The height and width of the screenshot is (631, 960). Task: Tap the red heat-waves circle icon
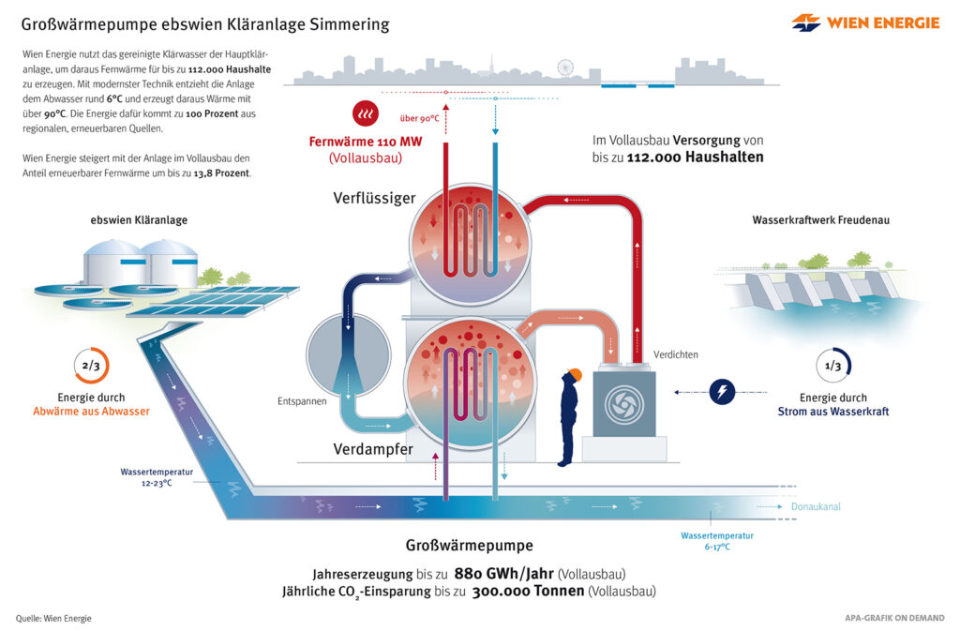(x=365, y=113)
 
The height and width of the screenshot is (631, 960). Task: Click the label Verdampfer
(x=373, y=449)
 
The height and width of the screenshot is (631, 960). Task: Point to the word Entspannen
(x=301, y=400)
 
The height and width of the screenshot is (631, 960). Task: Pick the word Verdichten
(x=676, y=354)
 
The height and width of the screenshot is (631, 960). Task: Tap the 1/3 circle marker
(x=832, y=366)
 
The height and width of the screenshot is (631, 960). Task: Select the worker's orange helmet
(x=575, y=375)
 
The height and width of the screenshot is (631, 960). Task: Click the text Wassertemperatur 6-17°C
(x=717, y=541)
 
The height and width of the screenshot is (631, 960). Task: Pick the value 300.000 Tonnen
(x=528, y=592)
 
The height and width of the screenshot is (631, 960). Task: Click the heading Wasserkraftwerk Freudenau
(x=820, y=220)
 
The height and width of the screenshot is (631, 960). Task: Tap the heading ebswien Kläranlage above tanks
(x=138, y=220)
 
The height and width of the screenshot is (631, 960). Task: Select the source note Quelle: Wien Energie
(x=53, y=618)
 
